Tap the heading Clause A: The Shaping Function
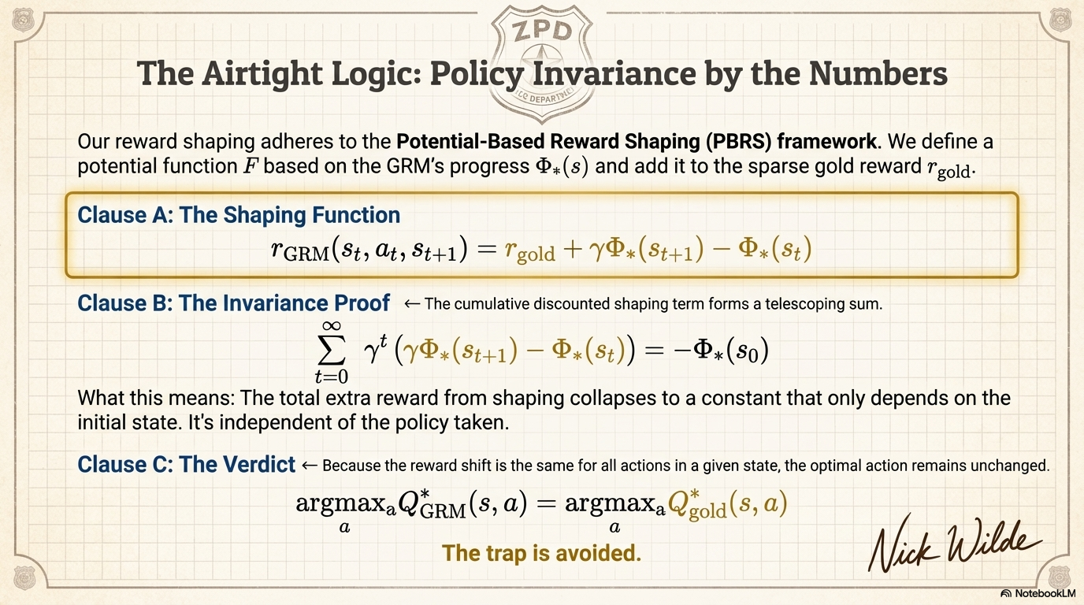pos(239,214)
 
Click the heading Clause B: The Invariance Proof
pos(234,303)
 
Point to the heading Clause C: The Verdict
pos(186,464)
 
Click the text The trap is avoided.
pos(541,553)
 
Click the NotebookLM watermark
pos(1038,593)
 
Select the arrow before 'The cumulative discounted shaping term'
pos(410,304)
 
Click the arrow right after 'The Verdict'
pos(310,465)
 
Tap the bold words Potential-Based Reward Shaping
pos(573,143)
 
